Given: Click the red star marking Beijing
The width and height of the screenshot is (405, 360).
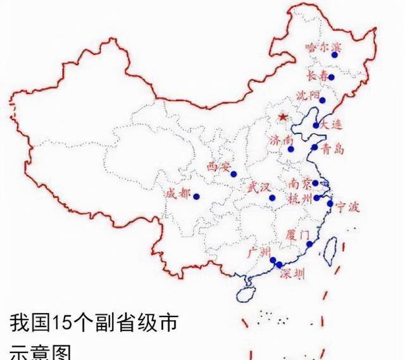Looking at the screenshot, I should point(282,117).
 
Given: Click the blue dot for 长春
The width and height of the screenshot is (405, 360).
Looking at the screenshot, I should point(331,77).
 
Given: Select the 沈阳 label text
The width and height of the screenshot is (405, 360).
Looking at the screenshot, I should point(308,96).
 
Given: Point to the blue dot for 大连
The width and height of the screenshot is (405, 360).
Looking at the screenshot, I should point(316,125).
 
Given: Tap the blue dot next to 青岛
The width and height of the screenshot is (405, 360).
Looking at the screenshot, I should point(315,147).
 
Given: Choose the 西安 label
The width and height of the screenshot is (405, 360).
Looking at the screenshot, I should point(219,167).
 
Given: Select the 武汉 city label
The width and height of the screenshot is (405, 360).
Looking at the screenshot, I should point(258,187).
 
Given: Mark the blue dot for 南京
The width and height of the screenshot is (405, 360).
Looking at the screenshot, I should point(315,183).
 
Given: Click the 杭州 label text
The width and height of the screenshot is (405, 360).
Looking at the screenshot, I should point(300,199).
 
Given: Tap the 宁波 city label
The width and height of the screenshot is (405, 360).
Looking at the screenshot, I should point(347,206).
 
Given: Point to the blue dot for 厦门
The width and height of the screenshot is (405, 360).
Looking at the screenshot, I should point(309,244).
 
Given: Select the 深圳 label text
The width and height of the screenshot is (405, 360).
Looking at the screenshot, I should point(292,274).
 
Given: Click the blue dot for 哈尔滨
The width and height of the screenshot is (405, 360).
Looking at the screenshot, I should point(334,55).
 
